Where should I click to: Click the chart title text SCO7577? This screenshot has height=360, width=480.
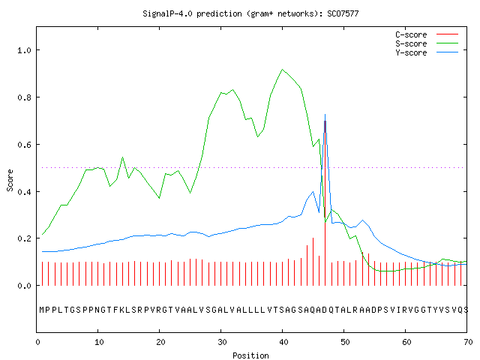tap(343, 13)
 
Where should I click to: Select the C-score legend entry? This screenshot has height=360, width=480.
tap(427, 34)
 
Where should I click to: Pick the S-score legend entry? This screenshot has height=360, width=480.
tap(427, 43)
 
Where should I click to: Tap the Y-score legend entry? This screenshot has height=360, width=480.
tap(427, 52)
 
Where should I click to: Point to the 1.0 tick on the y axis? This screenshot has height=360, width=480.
tap(25, 50)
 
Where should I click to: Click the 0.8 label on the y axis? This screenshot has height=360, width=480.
tap(25, 97)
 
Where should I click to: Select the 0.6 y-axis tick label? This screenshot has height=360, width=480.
tap(25, 145)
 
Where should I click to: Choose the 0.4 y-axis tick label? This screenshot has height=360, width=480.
tap(25, 192)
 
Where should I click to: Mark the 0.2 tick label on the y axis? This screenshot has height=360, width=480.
tap(25, 238)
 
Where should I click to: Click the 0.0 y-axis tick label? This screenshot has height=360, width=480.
tap(25, 286)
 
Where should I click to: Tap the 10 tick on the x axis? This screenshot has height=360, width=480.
tap(99, 342)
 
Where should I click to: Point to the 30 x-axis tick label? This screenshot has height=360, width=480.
tap(222, 342)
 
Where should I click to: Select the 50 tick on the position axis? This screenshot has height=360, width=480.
tap(345, 342)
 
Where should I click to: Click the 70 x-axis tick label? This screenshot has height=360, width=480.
tap(468, 342)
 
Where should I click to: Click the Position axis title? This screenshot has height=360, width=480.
tap(250, 355)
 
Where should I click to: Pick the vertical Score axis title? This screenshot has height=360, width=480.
tap(10, 180)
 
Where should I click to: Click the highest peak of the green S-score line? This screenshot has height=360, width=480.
tap(282, 70)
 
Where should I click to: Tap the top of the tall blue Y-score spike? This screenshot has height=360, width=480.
tap(325, 115)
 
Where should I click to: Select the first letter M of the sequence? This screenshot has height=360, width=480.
tap(42, 310)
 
